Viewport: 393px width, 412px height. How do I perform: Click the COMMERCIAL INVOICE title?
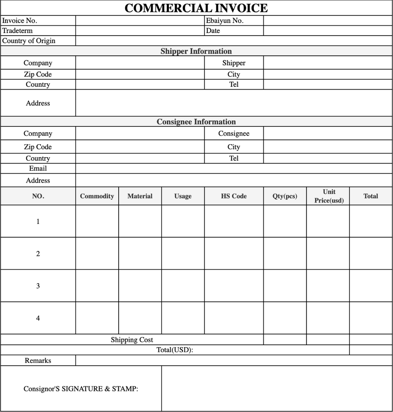(x=196, y=8)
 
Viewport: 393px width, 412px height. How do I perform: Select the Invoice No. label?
(x=20, y=21)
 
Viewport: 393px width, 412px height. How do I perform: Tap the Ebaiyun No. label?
(x=224, y=21)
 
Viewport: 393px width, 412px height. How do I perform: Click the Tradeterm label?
(x=17, y=31)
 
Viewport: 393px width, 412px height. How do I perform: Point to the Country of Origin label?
(x=29, y=41)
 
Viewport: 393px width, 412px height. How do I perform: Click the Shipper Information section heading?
(x=196, y=51)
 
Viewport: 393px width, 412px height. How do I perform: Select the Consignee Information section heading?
(x=196, y=122)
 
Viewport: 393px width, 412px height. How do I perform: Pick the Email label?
(x=38, y=168)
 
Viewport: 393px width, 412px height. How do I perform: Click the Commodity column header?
(x=97, y=196)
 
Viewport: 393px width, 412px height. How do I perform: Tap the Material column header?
(x=140, y=196)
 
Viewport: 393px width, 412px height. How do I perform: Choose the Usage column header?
(x=183, y=196)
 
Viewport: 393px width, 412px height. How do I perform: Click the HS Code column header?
(x=234, y=196)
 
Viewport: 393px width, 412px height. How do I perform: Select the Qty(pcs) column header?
(x=285, y=196)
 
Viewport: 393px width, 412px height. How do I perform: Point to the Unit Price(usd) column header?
(x=329, y=196)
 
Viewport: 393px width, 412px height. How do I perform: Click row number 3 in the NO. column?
(x=38, y=286)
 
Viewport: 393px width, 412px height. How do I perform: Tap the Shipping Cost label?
(x=132, y=340)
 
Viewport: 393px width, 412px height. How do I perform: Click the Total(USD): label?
(x=175, y=350)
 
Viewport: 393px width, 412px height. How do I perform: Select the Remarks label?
(x=38, y=360)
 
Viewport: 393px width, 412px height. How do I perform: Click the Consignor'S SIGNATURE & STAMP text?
(x=81, y=389)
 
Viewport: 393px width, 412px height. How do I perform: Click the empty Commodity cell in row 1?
(x=97, y=221)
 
